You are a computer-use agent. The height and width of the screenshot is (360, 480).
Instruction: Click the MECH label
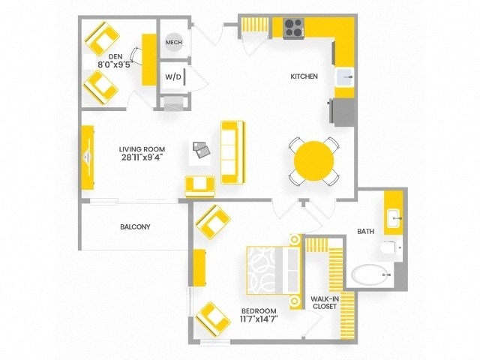[x=174, y=42]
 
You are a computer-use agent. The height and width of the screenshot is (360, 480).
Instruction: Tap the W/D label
[x=173, y=76]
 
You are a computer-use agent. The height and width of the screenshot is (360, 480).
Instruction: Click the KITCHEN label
[x=304, y=76]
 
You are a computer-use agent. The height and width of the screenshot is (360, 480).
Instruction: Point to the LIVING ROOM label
[x=142, y=148]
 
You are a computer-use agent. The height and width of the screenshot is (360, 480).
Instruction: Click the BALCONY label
[x=135, y=226]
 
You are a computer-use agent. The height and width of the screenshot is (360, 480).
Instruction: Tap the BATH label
[x=366, y=231]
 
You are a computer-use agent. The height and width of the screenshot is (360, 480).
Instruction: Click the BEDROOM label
[x=259, y=310]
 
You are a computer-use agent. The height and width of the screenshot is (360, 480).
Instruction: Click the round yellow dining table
[x=314, y=160]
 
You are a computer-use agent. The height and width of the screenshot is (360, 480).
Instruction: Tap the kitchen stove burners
[x=294, y=28]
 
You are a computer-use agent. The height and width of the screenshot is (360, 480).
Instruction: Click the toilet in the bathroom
[x=391, y=248]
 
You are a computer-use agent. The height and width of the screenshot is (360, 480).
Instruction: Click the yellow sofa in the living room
[x=232, y=151]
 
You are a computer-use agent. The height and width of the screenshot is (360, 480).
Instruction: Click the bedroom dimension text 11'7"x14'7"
[x=259, y=319]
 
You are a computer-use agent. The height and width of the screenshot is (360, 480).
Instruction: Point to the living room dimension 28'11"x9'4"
[x=142, y=158]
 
